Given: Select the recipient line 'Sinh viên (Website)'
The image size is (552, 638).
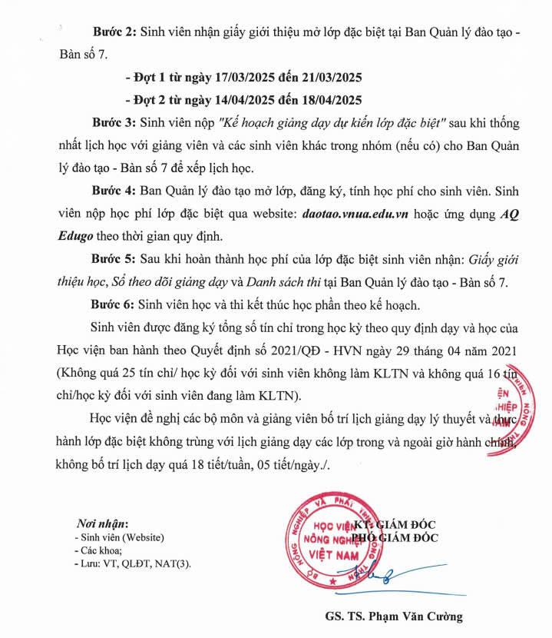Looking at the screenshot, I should pos(122,537).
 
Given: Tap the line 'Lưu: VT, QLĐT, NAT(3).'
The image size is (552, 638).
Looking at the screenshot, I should pos(131,563).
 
